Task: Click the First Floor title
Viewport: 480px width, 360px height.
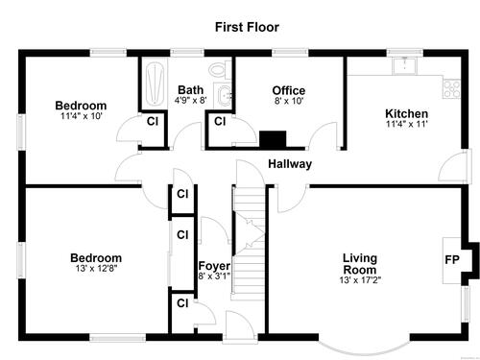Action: pyautogui.click(x=247, y=27)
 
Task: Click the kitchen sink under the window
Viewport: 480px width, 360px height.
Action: pyautogui.click(x=405, y=65)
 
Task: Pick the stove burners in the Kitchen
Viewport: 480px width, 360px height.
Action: pyautogui.click(x=451, y=89)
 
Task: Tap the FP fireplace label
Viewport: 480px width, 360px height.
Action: pyautogui.click(x=452, y=259)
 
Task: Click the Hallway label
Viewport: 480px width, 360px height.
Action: pyautogui.click(x=290, y=164)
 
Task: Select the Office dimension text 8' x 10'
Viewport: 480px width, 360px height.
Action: pyautogui.click(x=289, y=101)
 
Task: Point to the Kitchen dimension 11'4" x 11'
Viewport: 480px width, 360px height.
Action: pyautogui.click(x=407, y=124)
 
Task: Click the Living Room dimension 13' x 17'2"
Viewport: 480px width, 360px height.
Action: pyautogui.click(x=360, y=280)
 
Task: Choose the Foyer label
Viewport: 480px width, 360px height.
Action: pyautogui.click(x=214, y=266)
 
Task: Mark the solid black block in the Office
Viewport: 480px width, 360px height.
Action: pyautogui.click(x=273, y=139)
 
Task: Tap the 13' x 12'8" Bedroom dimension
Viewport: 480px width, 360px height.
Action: pyautogui.click(x=96, y=268)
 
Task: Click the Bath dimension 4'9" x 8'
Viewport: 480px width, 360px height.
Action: pyautogui.click(x=191, y=100)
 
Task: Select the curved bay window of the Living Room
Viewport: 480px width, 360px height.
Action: pyautogui.click(x=365, y=348)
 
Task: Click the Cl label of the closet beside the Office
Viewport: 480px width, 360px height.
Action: pyautogui.click(x=220, y=121)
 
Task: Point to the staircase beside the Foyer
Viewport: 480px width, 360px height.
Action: pyautogui.click(x=249, y=242)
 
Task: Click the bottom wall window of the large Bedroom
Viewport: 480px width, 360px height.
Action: pyautogui.click(x=118, y=338)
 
